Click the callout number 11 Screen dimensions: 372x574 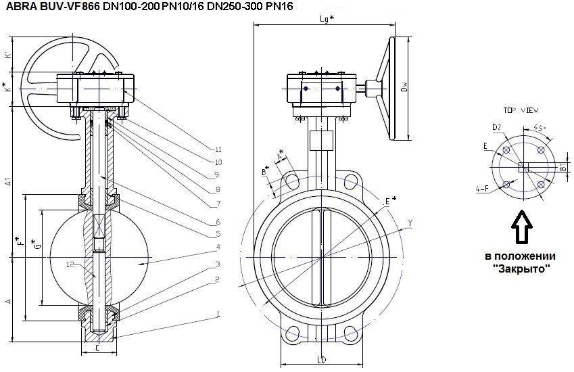tap(218, 149)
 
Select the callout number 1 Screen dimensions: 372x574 tap(218, 314)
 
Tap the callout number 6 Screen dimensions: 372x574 tap(218, 221)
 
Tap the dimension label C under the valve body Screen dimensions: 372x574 tap(97, 349)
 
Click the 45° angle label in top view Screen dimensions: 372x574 tap(540, 127)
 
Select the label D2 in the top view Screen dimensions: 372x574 tap(496, 126)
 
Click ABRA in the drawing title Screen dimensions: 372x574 tap(21, 6)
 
